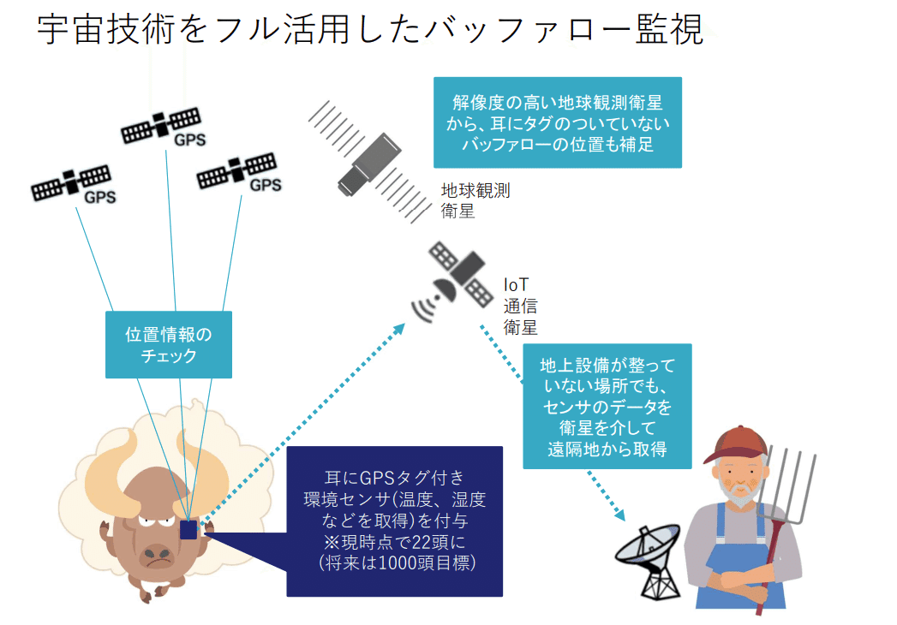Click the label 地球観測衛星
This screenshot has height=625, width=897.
pyautogui.click(x=475, y=200)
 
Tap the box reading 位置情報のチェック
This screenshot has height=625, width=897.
pyautogui.click(x=169, y=343)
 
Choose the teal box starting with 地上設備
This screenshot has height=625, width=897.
pyautogui.click(x=607, y=406)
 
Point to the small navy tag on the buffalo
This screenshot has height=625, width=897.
pyautogui.click(x=188, y=529)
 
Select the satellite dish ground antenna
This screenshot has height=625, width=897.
pyautogui.click(x=650, y=561)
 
